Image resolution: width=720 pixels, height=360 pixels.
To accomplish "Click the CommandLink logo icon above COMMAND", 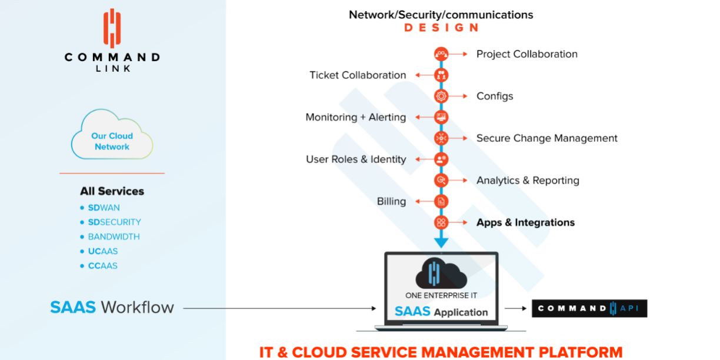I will (x=112, y=28).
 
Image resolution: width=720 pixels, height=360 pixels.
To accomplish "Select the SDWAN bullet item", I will (x=104, y=208).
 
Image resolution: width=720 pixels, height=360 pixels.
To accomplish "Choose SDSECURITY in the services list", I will (x=114, y=222).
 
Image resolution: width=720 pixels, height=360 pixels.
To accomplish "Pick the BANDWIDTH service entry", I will (x=114, y=237).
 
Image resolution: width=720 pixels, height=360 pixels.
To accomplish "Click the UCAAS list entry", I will (x=103, y=251).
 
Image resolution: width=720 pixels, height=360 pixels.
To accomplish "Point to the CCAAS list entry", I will (x=103, y=266).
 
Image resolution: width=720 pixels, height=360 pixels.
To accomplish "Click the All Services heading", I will (x=112, y=191).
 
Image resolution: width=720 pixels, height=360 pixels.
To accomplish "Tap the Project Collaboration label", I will (x=526, y=54).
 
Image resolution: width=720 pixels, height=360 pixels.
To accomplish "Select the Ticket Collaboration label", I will (x=358, y=75).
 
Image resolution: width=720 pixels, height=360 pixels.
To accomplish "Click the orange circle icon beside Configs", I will (x=441, y=96).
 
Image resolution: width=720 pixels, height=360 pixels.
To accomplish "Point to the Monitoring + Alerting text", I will (x=355, y=117).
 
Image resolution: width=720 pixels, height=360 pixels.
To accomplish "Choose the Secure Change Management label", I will (x=546, y=138).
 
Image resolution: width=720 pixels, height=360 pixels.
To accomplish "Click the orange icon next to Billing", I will (x=441, y=201).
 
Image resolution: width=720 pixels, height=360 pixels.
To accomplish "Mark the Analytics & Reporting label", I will (x=528, y=181).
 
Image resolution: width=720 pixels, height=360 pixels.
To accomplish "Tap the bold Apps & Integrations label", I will (x=525, y=222).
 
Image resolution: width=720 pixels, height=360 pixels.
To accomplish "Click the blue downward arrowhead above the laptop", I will (x=441, y=242).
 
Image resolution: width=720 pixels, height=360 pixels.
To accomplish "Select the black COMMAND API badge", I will (x=589, y=308).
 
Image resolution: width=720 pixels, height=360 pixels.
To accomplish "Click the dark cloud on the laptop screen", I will (x=441, y=274).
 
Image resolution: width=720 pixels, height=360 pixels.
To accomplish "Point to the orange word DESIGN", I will (x=441, y=28).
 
